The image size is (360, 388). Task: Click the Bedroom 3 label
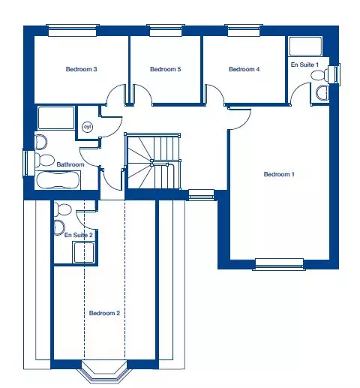[x=81, y=69]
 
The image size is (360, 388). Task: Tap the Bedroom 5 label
[x=166, y=69]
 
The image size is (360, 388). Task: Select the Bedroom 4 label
[x=244, y=69]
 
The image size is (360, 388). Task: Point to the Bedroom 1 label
[x=279, y=174]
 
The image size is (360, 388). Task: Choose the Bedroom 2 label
[x=104, y=313]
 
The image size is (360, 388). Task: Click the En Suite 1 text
[x=304, y=65]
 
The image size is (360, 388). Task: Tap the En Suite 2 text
[x=79, y=235]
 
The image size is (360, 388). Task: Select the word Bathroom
[x=70, y=164]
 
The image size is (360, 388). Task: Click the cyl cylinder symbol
[x=87, y=127]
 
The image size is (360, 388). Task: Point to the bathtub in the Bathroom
[x=58, y=180]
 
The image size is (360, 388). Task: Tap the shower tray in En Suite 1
[x=305, y=47]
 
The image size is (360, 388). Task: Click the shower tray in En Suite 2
[x=84, y=252]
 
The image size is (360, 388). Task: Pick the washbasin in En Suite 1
[x=322, y=93]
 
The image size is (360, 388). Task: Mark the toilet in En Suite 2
[x=63, y=209]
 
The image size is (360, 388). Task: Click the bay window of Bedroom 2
[x=104, y=372]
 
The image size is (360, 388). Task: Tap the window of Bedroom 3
[x=73, y=31]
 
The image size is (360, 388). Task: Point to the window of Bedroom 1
[x=279, y=264]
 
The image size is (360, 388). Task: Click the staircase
[x=152, y=161]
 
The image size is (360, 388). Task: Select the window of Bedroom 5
[x=166, y=31]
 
